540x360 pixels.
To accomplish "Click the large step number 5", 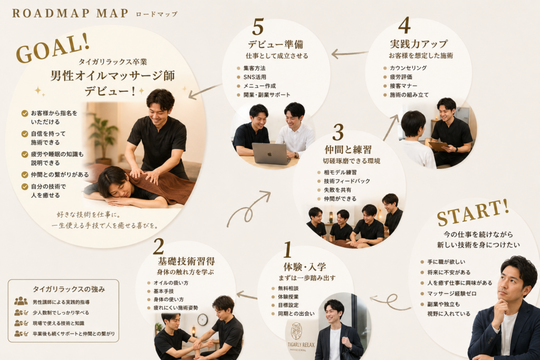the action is click(x=258, y=27).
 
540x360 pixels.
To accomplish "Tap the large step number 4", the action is click(x=404, y=25).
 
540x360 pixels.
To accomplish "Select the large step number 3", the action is click(x=338, y=132).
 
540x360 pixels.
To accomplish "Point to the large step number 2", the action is click(x=158, y=246).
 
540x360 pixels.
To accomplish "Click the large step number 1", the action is click(x=287, y=249).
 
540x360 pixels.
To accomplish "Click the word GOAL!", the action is click(x=53, y=48).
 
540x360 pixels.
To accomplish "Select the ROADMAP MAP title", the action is click(x=70, y=13).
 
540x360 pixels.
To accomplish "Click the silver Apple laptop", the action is click(x=271, y=154).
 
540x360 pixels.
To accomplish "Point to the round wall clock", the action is click(x=202, y=320).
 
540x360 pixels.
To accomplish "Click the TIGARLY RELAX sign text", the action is click(x=301, y=345).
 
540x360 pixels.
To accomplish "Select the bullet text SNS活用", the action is click(x=255, y=77).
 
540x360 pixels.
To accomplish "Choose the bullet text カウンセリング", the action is click(x=408, y=68).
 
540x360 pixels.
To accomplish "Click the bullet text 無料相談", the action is click(x=288, y=288).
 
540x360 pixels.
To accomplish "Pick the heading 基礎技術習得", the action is click(x=186, y=261).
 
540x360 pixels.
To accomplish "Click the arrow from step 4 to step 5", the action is click(x=349, y=54).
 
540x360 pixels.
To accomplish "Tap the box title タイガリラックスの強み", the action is click(x=69, y=289).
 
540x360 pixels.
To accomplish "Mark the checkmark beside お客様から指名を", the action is click(x=25, y=113).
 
